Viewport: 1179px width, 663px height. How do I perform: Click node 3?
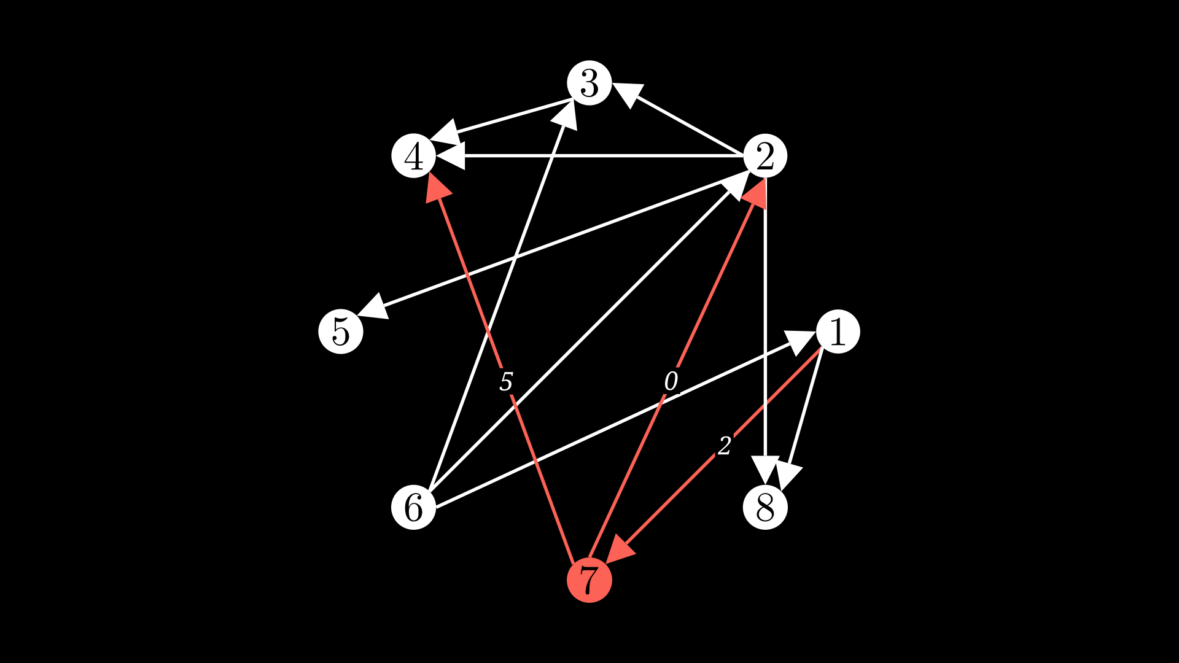pyautogui.click(x=589, y=83)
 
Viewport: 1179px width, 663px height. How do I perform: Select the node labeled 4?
pyautogui.click(x=414, y=156)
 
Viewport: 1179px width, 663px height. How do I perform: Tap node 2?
pyautogui.click(x=765, y=156)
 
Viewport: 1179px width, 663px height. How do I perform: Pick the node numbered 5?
pyautogui.click(x=341, y=331)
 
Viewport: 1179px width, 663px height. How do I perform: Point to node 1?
pyautogui.click(x=838, y=331)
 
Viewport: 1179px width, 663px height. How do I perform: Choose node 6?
pyautogui.click(x=414, y=507)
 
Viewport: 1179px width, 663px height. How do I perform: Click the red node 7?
pyautogui.click(x=589, y=580)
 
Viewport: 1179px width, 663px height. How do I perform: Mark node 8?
pyautogui.click(x=765, y=507)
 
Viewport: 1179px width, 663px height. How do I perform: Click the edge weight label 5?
pyautogui.click(x=506, y=382)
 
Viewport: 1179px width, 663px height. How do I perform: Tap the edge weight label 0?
pyautogui.click(x=671, y=381)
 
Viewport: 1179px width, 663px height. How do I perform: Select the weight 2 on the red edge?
pyautogui.click(x=725, y=446)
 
